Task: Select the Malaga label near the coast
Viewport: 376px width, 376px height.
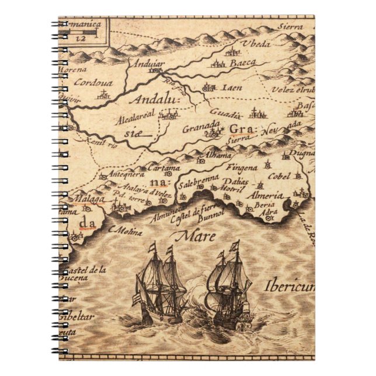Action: click(x=73, y=199)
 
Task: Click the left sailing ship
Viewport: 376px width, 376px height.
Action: click(x=159, y=283)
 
